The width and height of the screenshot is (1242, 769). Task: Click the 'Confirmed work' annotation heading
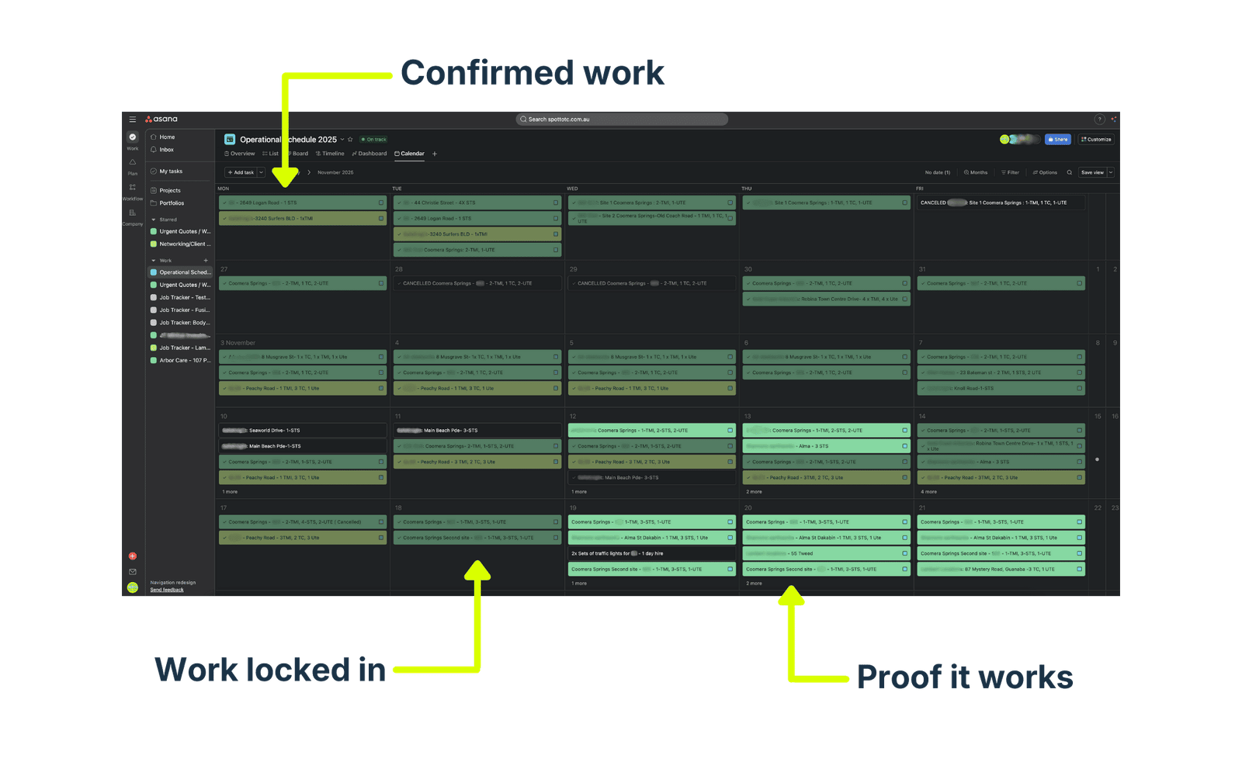coord(533,73)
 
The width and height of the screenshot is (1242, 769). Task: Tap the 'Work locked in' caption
coord(270,670)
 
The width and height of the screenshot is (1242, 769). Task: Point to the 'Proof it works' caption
coord(965,677)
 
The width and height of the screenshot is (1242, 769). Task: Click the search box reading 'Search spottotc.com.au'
coord(622,120)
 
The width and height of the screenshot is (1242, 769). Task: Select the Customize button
coord(1096,140)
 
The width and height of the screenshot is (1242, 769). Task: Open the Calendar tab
coord(410,154)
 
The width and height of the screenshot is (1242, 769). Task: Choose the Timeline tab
coord(330,154)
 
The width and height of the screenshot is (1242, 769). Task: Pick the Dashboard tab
coord(369,154)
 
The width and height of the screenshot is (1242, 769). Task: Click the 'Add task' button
coord(241,172)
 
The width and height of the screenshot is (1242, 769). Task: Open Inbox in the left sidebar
coord(166,150)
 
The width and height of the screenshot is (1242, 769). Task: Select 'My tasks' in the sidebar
coord(171,171)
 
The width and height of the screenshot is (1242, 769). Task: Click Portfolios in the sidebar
coord(172,203)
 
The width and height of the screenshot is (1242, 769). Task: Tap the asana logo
coord(161,120)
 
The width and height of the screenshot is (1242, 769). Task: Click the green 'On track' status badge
coord(373,140)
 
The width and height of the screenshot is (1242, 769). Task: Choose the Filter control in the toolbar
coord(1010,172)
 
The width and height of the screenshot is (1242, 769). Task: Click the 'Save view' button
coord(1092,172)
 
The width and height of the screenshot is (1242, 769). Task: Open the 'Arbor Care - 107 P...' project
coord(185,360)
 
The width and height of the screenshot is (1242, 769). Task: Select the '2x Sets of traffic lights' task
coord(617,553)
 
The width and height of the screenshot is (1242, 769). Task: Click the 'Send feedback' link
coord(167,590)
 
